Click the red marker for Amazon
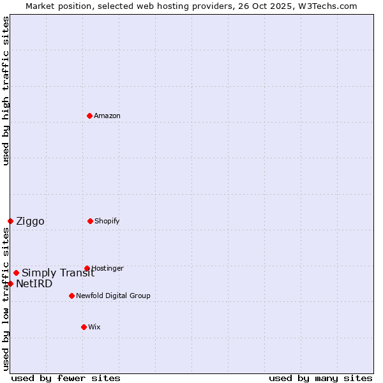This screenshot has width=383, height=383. (90, 116)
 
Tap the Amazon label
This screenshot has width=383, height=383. (107, 116)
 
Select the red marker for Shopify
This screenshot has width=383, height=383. (90, 221)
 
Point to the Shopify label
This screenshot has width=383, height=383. (107, 221)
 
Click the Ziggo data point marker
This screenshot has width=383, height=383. (10, 221)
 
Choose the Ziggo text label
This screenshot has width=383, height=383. (30, 222)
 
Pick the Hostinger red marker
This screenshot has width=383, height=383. (87, 268)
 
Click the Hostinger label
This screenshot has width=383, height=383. (107, 268)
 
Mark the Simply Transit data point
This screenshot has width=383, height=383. (16, 273)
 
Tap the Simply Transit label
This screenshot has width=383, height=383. (58, 273)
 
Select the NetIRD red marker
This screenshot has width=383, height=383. (10, 283)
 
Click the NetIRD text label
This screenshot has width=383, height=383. (34, 284)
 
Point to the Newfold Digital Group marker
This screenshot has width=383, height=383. (71, 296)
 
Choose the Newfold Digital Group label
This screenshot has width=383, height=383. (113, 296)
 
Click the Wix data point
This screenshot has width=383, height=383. (84, 327)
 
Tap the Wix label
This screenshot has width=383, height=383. (94, 327)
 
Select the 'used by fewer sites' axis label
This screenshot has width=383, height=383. (66, 378)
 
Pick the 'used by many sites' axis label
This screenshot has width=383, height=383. (320, 378)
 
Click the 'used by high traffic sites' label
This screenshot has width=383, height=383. (6, 91)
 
